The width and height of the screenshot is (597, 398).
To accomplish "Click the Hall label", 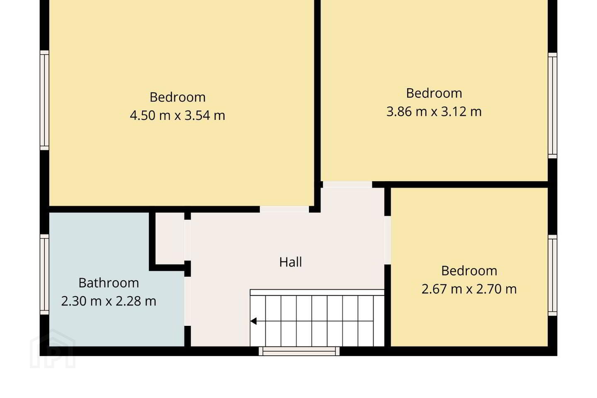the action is click(291, 262).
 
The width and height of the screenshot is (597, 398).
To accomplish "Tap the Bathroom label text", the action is click(109, 283).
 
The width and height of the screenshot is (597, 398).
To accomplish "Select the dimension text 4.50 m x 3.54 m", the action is click(177, 115).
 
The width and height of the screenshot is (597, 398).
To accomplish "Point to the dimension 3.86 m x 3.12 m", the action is click(434, 112).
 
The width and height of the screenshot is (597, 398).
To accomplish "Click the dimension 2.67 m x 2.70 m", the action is click(469, 289).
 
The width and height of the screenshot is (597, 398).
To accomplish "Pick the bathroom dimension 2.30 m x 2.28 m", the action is click(109, 301).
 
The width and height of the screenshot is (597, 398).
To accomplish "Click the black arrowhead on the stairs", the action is click(253, 321).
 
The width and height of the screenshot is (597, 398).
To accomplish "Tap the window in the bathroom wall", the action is click(44, 274).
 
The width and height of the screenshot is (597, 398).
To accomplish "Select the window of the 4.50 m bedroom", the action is click(44, 100).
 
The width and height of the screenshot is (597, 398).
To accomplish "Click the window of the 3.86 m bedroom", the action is click(553, 106).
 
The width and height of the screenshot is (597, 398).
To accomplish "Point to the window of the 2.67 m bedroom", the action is click(553, 275).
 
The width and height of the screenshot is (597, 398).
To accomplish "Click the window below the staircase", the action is click(299, 351).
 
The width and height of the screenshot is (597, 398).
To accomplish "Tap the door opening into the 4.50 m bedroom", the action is click(284, 209).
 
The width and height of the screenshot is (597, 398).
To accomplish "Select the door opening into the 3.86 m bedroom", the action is click(347, 184).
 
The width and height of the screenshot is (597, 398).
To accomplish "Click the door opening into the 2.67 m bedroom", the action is click(388, 240).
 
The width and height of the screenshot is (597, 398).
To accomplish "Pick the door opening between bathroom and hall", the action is click(188, 301).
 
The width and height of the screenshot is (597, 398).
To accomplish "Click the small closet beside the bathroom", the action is click(170, 238).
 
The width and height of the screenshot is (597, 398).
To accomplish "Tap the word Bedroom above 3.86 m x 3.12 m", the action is click(434, 93).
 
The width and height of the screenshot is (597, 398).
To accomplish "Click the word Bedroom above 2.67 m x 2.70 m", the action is click(469, 271).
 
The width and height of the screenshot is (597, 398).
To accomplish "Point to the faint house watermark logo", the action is click(53, 349).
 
